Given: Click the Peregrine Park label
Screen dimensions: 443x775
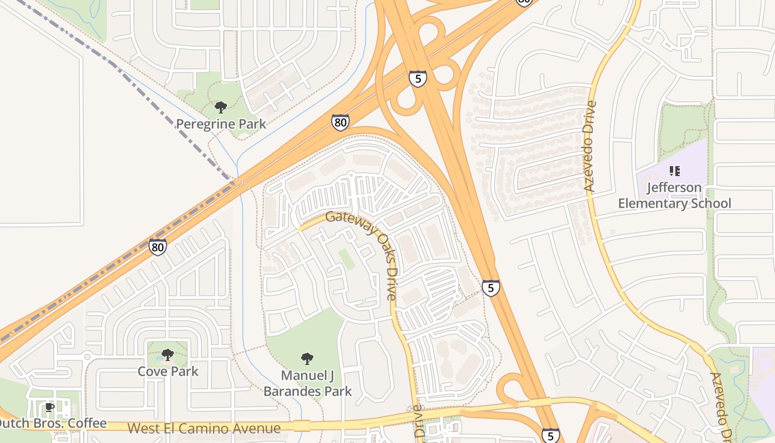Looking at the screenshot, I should pyautogui.click(x=221, y=123).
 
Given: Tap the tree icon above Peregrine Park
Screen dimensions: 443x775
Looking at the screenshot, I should pyautogui.click(x=221, y=107).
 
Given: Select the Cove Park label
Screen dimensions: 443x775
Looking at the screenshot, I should pyautogui.click(x=168, y=371).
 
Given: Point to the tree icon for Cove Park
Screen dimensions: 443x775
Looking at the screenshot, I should pyautogui.click(x=168, y=354).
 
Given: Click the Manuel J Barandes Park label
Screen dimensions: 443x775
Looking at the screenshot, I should pyautogui.click(x=307, y=383).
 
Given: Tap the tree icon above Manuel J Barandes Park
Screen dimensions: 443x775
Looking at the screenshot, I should pyautogui.click(x=307, y=359).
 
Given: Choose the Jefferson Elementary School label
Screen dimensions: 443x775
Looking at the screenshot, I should pyautogui.click(x=674, y=195).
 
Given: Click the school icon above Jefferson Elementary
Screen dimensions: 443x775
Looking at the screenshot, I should pyautogui.click(x=674, y=171).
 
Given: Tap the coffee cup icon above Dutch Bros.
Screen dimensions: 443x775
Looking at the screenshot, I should pyautogui.click(x=49, y=408).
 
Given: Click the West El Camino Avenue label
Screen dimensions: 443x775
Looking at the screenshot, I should pyautogui.click(x=204, y=428).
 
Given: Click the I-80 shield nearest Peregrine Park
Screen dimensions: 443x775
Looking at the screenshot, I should pyautogui.click(x=340, y=122).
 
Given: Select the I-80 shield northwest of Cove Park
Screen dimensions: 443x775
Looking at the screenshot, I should pyautogui.click(x=158, y=246).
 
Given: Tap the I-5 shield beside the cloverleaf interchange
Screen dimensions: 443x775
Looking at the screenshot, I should pyautogui.click(x=418, y=79).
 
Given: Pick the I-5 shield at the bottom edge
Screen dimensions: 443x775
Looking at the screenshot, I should pyautogui.click(x=550, y=436).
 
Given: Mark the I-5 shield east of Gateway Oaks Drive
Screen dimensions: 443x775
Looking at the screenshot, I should pyautogui.click(x=490, y=288).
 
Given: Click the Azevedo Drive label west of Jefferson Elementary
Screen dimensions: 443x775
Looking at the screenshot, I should pyautogui.click(x=590, y=146).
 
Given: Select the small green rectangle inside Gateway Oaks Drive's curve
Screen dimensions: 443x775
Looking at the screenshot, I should pyautogui.click(x=347, y=259).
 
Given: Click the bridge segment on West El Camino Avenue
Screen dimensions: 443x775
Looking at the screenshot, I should pyautogui.click(x=302, y=426).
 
